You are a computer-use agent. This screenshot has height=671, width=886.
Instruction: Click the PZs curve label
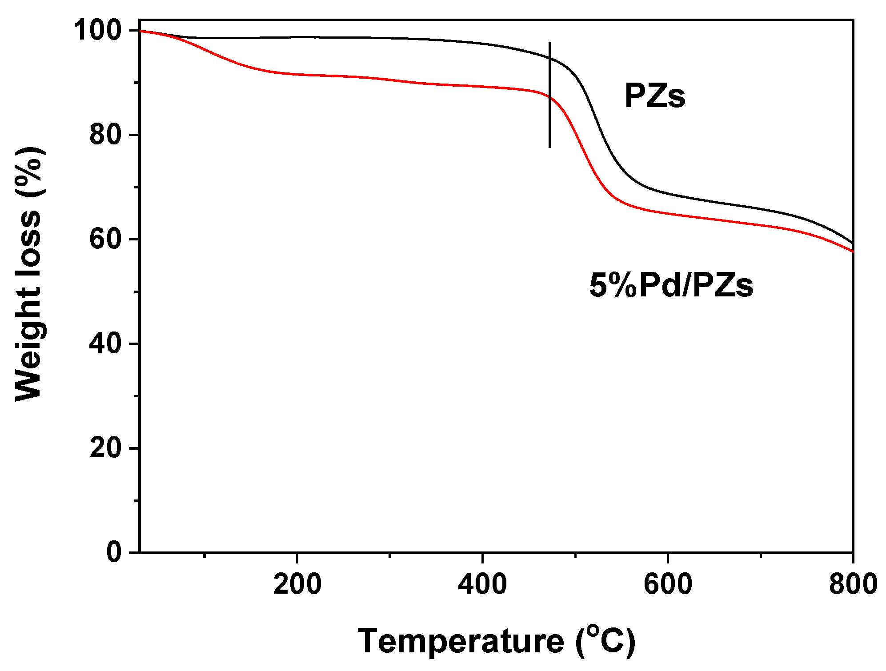654,96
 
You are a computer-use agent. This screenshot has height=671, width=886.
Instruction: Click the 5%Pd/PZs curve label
671,285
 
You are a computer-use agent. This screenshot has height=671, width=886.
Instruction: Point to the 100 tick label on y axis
97,31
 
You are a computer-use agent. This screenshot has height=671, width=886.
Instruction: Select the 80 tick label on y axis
105,135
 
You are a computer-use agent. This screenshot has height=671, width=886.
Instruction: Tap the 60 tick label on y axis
105,239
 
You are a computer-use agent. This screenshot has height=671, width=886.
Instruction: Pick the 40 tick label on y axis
105,343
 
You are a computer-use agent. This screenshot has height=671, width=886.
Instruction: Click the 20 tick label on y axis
105,448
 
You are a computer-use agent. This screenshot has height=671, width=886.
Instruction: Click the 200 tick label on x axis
297,584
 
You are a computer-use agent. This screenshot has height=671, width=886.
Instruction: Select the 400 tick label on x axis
482,584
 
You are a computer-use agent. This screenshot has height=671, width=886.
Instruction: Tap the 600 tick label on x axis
668,584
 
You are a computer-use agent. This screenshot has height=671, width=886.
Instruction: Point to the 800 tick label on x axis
853,584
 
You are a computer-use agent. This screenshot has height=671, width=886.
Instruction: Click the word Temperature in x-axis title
461,641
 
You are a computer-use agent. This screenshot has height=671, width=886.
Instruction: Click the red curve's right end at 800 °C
852,251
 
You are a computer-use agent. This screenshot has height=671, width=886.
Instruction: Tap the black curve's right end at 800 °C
852,243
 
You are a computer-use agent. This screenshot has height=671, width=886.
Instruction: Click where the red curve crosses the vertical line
549,97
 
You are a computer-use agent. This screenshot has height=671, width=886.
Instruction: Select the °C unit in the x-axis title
606,641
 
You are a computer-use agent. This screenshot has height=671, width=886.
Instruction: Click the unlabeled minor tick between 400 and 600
575,555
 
